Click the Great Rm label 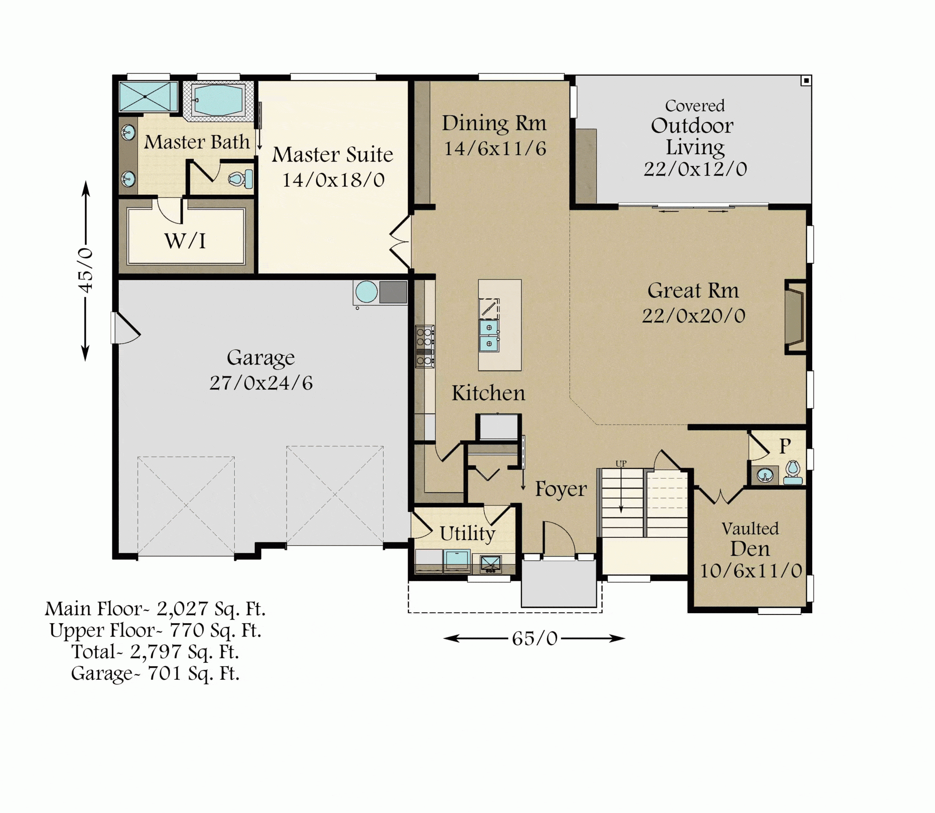pyautogui.click(x=693, y=291)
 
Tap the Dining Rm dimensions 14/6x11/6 pyautogui.click(x=495, y=149)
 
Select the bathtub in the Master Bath pyautogui.click(x=218, y=100)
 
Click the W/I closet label pyautogui.click(x=185, y=241)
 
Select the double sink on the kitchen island pyautogui.click(x=489, y=336)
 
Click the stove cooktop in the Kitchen pyautogui.click(x=425, y=346)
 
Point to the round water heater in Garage pyautogui.click(x=366, y=292)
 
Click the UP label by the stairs pyautogui.click(x=621, y=464)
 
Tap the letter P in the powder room pyautogui.click(x=785, y=446)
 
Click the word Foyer pyautogui.click(x=561, y=489)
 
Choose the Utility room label pyautogui.click(x=467, y=533)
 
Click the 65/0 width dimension pyautogui.click(x=535, y=639)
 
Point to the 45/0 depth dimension pyautogui.click(x=86, y=271)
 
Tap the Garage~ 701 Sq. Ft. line pyautogui.click(x=155, y=673)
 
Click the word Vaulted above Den pyautogui.click(x=750, y=529)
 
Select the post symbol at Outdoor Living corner pyautogui.click(x=806, y=81)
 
